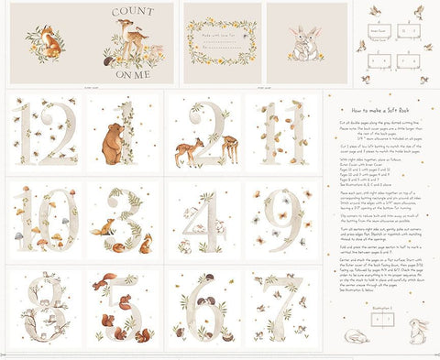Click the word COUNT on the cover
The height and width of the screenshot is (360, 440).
tap(134, 12)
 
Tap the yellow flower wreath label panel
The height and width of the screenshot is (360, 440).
tap(223, 42)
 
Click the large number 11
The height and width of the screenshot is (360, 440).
tap(282, 131)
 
